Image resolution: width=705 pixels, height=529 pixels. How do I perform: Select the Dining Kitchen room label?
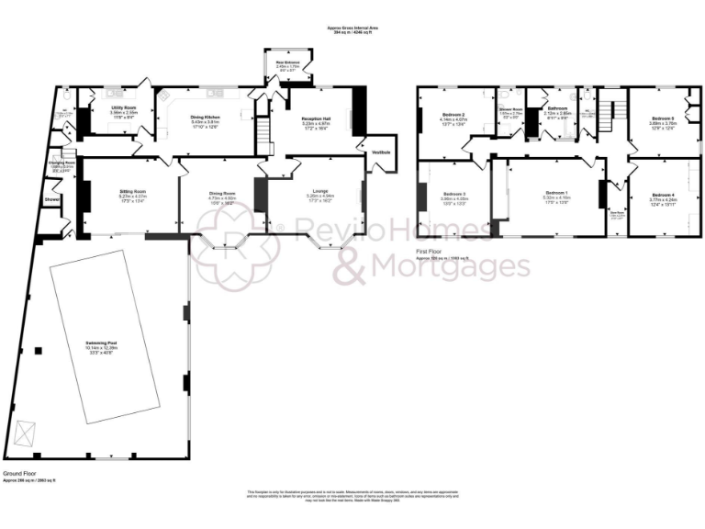204,117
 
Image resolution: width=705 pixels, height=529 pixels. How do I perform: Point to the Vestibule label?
380,152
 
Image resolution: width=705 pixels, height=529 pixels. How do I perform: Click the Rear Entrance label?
286,63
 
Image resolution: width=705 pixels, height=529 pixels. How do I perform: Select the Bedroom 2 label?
453,115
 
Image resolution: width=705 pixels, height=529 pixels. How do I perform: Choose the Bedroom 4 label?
663,195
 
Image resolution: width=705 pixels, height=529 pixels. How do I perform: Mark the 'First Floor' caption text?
430,251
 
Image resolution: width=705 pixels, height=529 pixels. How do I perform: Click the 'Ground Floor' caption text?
20,474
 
